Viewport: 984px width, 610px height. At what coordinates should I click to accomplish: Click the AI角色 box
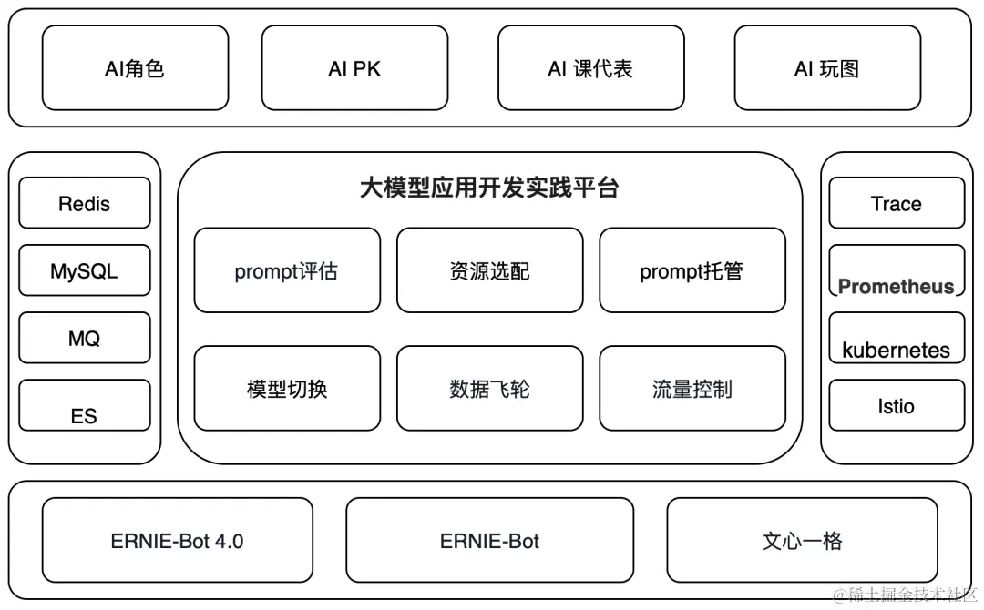point(135,68)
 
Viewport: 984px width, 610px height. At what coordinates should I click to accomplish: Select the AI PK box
point(354,68)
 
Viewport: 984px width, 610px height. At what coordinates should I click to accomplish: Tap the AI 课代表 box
point(590,68)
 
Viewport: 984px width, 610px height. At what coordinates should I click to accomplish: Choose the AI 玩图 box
point(826,68)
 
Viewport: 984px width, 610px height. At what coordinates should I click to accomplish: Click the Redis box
point(84,203)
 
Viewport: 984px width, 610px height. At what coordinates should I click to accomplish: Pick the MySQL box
point(84,270)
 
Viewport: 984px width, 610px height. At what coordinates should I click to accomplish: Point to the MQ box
point(84,338)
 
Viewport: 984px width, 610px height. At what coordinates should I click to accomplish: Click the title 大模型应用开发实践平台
point(489,188)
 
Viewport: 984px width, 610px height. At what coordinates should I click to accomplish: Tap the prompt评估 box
point(287,270)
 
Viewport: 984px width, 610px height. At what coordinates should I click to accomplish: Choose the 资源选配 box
point(489,270)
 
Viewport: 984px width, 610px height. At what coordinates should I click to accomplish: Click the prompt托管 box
point(692,270)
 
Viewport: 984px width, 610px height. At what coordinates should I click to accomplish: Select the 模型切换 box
point(287,389)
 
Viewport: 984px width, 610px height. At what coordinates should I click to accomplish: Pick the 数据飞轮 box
point(489,389)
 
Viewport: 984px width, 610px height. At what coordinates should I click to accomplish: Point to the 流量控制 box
point(692,389)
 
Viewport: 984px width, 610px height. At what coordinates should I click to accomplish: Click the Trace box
point(896,203)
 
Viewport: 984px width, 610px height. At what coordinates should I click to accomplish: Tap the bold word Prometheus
point(896,287)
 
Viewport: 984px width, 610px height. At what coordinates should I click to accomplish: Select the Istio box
point(896,405)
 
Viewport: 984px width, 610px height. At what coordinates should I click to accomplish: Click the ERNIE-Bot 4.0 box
point(178,540)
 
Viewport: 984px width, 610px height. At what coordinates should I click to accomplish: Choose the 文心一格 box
point(802,540)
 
